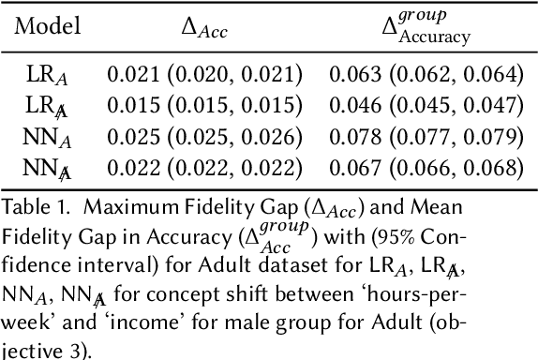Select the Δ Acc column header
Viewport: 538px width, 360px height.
[x=205, y=30]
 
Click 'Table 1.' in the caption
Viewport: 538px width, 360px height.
[x=34, y=206]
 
